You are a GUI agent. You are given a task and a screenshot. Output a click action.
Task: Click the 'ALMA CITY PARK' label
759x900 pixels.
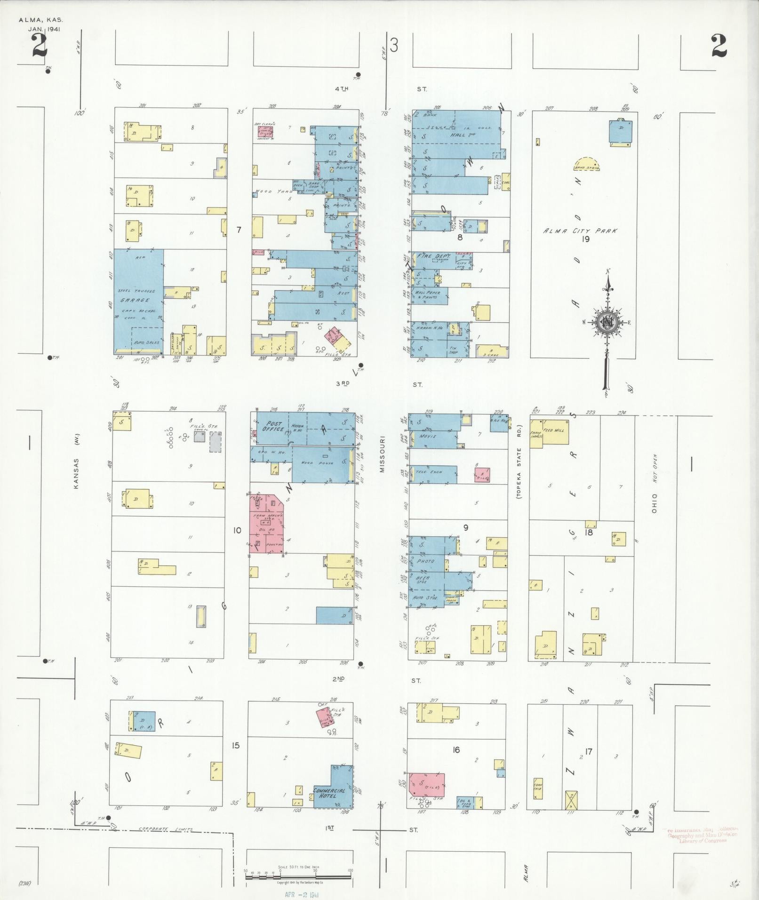pyautogui.click(x=580, y=231)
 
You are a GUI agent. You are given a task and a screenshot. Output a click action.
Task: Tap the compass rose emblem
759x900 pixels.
pyautogui.click(x=607, y=322)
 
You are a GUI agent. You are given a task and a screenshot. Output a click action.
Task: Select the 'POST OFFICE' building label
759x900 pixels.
pyautogui.click(x=272, y=426)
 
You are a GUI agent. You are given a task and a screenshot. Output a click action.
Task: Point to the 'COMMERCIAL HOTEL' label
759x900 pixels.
pyautogui.click(x=330, y=793)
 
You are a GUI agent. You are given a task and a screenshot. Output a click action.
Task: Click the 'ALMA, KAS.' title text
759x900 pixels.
pyautogui.click(x=40, y=20)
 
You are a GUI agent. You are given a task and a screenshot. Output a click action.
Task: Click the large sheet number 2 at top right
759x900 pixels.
pyautogui.click(x=719, y=46)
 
